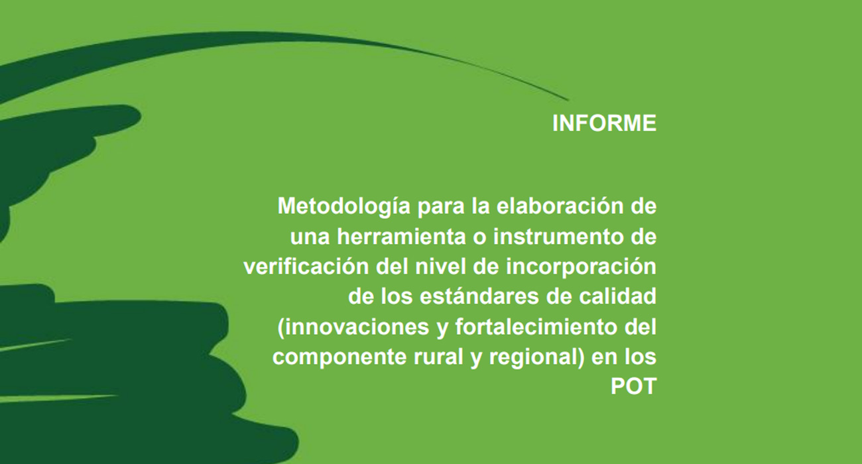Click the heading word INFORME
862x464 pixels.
(604, 123)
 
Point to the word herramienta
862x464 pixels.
(401, 236)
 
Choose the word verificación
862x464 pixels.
(306, 266)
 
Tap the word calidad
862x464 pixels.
(617, 296)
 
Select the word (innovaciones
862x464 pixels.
(353, 327)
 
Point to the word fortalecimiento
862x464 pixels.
(536, 326)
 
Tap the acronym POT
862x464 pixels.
(633, 386)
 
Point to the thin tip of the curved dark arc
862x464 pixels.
(569, 100)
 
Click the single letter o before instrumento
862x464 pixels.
(479, 238)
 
